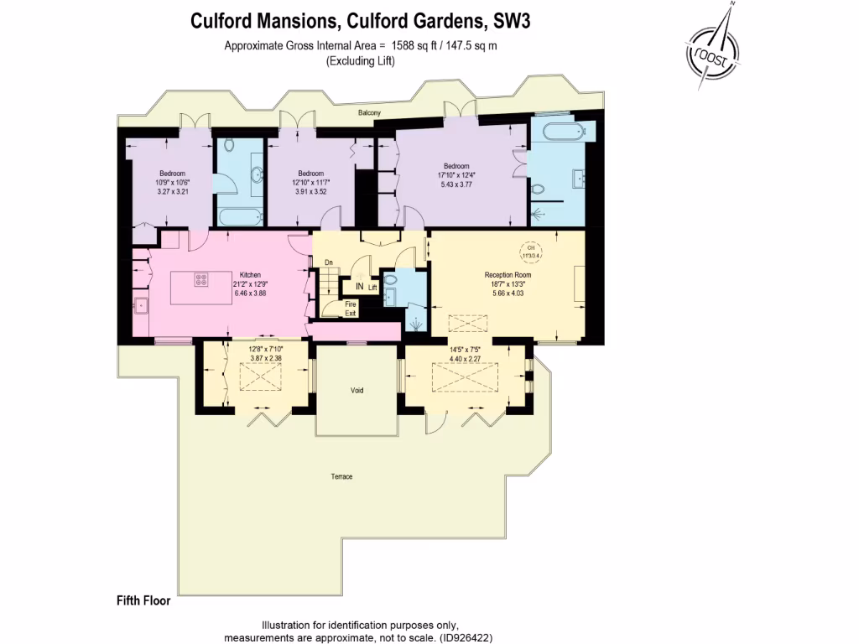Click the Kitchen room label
pos(250,275)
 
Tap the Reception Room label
pos(508,275)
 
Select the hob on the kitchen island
pos(201,281)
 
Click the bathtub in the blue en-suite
pos(565,132)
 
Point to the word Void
pos(357,391)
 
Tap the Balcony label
pos(369,112)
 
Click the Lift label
pos(373,288)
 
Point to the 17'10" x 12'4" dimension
pos(456,174)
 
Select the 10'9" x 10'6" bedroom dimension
pos(173,182)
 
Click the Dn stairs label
pos(329,262)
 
